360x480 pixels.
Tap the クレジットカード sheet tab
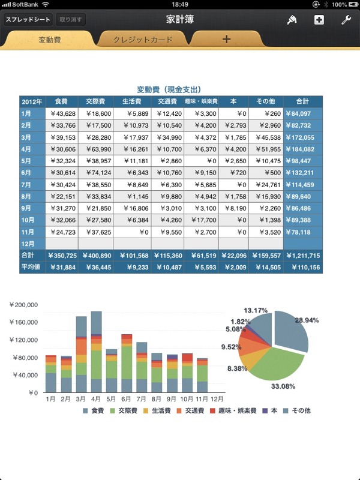143,40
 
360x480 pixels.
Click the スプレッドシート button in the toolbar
28,20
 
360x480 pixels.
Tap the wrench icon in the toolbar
346,20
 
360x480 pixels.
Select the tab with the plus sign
226,39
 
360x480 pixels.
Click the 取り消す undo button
70,20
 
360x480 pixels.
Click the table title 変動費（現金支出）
169,89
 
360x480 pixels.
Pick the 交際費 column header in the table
95,101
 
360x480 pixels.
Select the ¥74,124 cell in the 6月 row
95,173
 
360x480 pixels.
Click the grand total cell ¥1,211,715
303,256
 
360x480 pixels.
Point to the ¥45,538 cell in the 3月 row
266,137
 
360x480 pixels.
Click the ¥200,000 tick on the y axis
23,305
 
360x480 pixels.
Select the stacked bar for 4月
97,352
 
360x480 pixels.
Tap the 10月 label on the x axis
187,399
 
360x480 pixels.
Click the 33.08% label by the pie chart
283,386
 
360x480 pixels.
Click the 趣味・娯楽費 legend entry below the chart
233,410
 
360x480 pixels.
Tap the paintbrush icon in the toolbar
292,20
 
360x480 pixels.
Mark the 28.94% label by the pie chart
307,320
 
